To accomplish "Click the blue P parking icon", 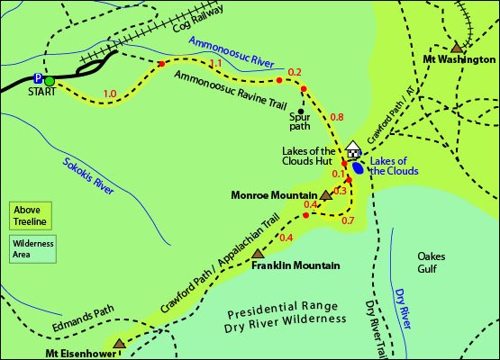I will [37, 79].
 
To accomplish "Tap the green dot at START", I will [50, 81].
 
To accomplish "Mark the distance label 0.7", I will [349, 220].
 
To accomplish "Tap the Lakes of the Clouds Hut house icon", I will [352, 148].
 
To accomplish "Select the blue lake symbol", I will [359, 166].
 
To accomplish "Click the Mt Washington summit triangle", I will [457, 49].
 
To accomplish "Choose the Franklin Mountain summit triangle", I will [259, 254].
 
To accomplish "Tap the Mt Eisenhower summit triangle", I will [119, 343].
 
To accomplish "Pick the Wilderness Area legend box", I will [32, 248].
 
